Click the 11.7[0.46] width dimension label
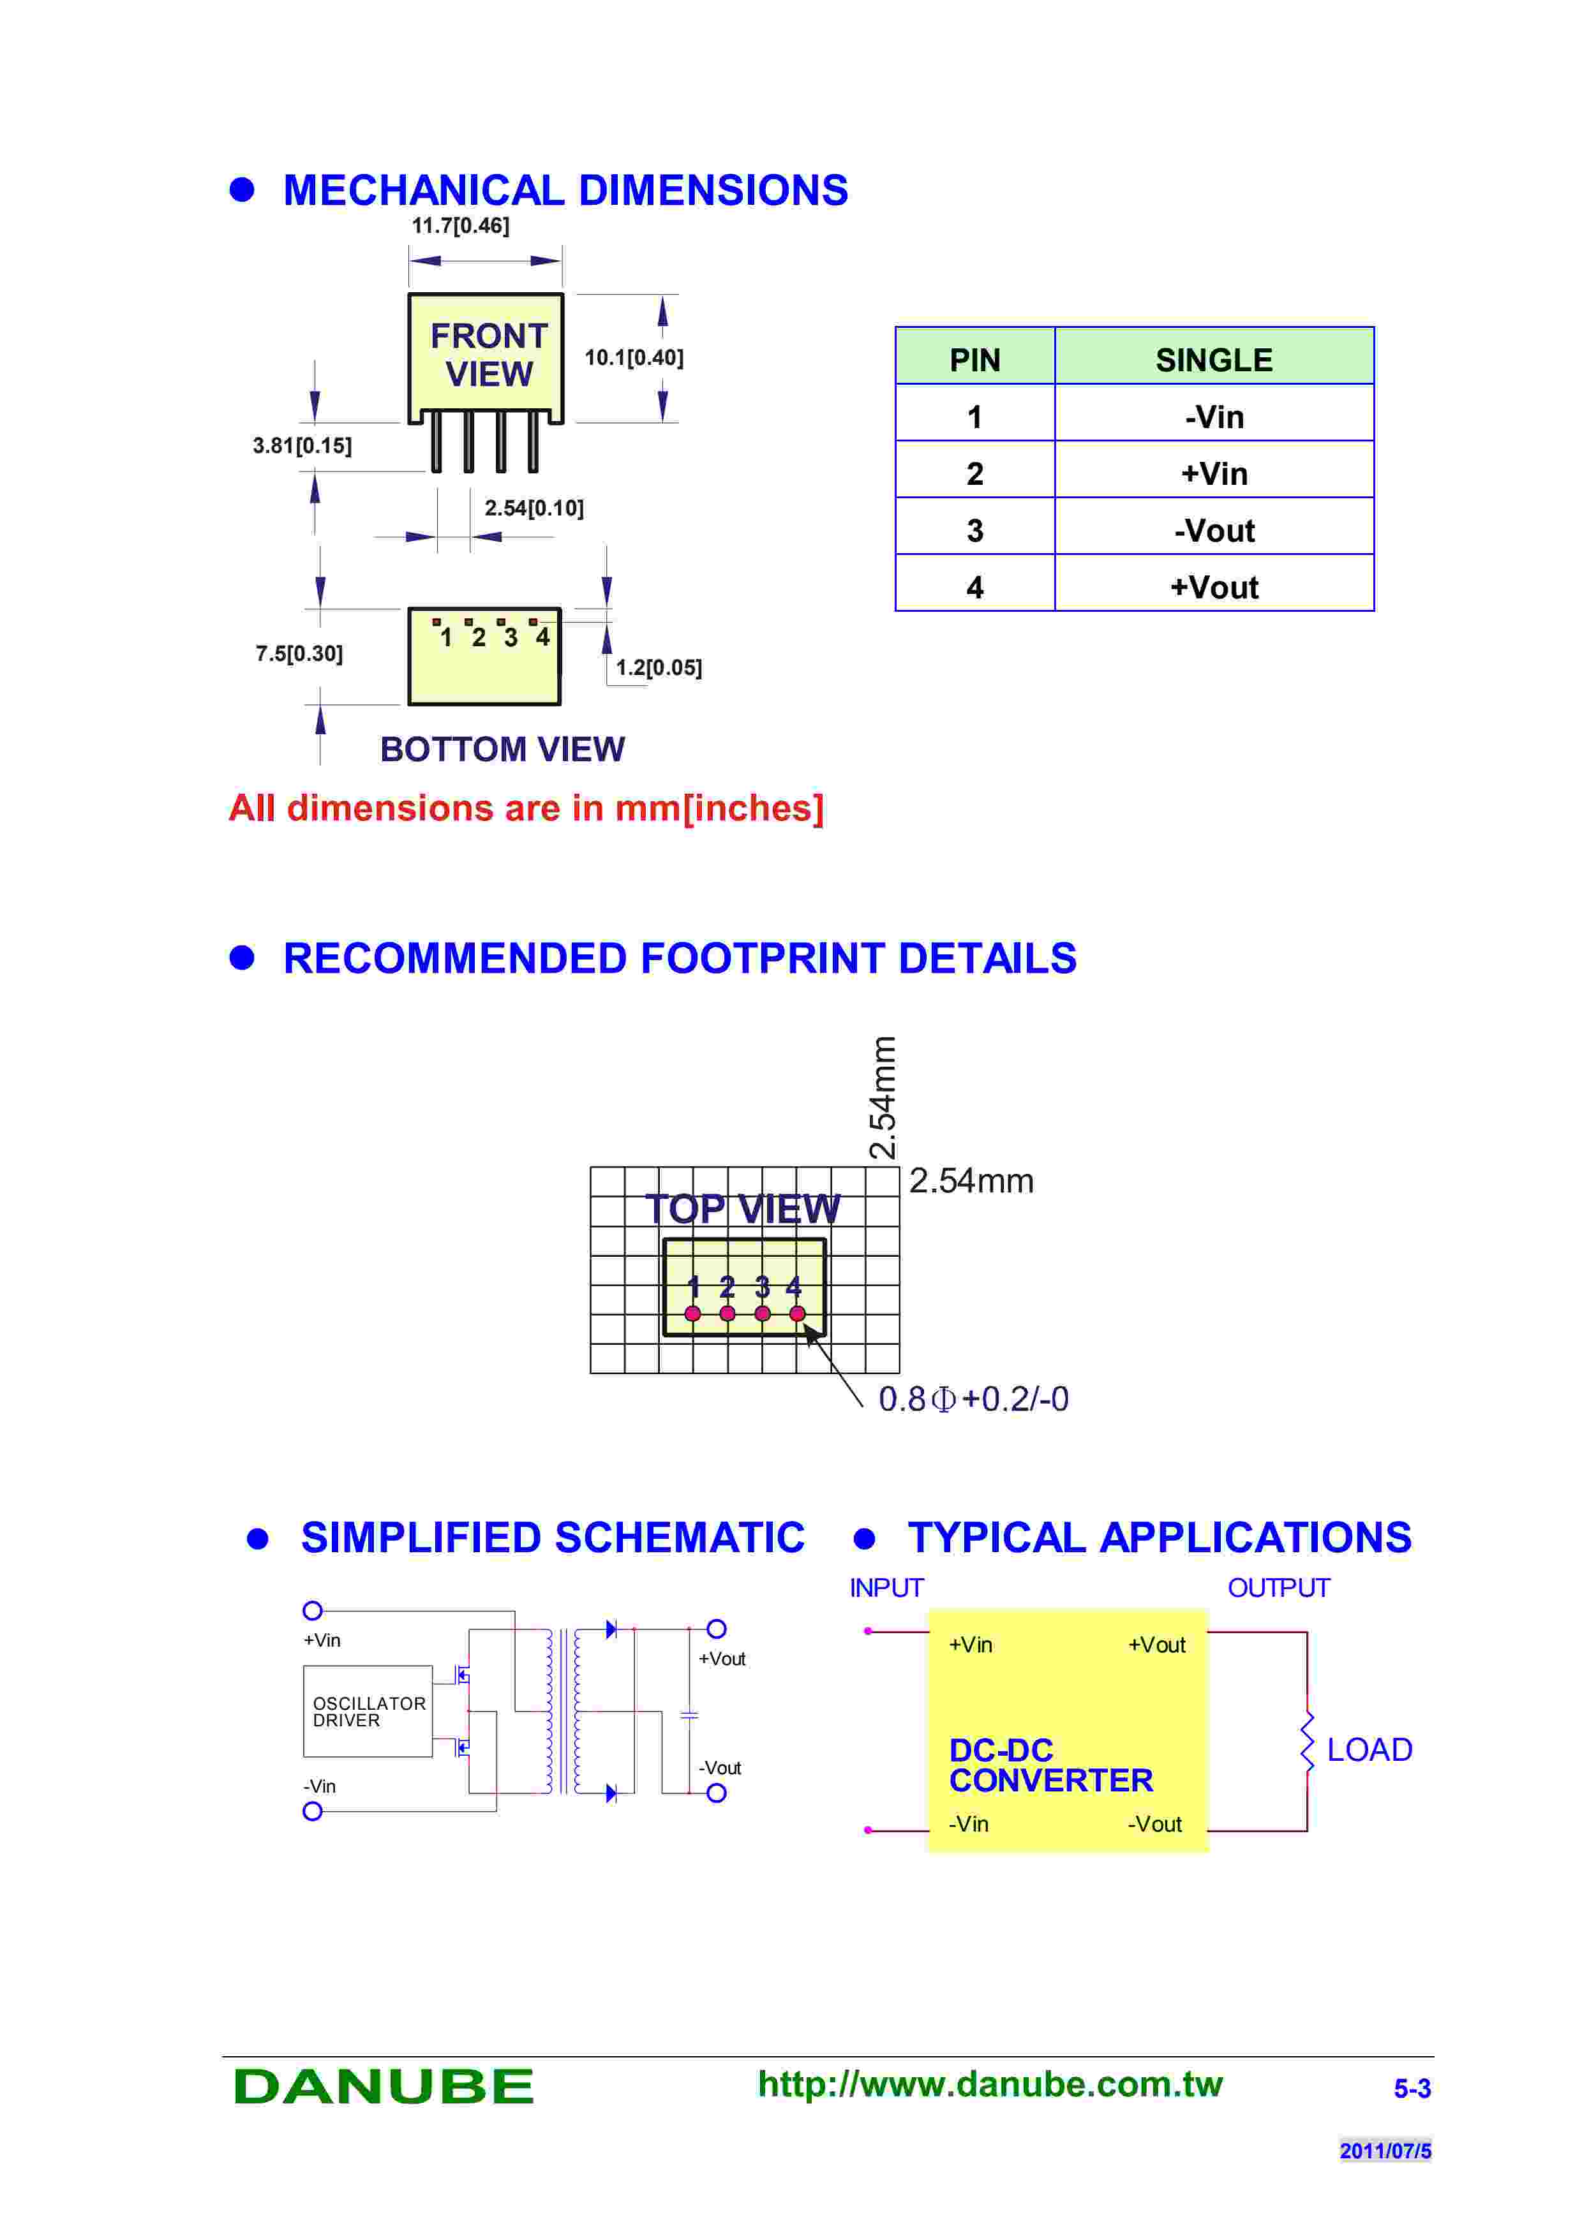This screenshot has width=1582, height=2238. point(460,226)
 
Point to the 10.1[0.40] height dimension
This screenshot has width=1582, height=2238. point(634,358)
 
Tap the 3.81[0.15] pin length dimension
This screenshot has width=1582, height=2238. point(302,445)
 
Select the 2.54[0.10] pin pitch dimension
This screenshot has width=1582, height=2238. point(534,508)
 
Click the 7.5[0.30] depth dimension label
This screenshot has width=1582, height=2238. point(299,653)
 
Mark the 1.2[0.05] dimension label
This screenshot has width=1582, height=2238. point(659,668)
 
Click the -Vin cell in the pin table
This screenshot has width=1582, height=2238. point(1214,417)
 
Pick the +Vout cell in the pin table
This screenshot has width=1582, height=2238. point(1214,587)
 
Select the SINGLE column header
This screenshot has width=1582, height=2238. point(1214,360)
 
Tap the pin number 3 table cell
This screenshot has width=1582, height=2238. point(974,530)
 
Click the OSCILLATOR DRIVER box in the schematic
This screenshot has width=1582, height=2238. point(368,1712)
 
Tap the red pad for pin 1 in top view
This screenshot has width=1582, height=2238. point(692,1314)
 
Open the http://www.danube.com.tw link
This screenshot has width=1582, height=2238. point(989,2084)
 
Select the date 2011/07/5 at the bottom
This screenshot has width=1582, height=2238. point(1384,2151)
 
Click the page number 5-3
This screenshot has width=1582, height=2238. point(1412,2089)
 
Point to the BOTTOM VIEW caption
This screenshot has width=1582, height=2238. point(502,750)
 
